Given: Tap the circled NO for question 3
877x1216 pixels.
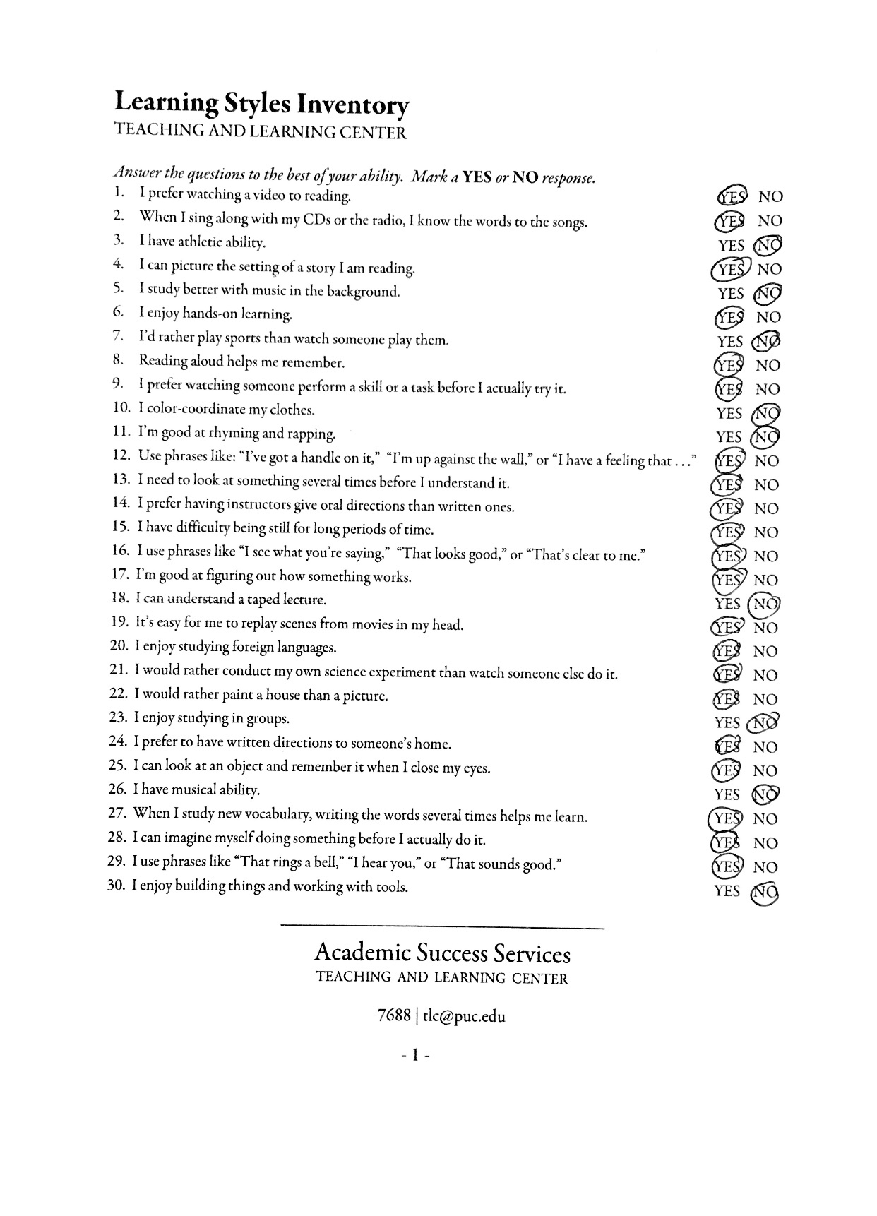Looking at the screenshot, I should pyautogui.click(x=768, y=245).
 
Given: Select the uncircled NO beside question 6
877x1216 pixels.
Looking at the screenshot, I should pyautogui.click(x=768, y=317).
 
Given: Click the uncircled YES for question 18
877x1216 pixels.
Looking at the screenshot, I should pyautogui.click(x=727, y=604).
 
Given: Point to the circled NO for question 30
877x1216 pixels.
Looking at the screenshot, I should pyautogui.click(x=766, y=891).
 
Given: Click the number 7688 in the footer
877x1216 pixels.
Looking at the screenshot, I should pyautogui.click(x=394, y=1016).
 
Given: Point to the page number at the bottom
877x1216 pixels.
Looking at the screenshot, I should pyautogui.click(x=415, y=1056).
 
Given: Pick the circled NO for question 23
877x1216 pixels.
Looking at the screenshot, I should pyautogui.click(x=765, y=722).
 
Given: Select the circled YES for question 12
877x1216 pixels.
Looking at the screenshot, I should pyautogui.click(x=728, y=460).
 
